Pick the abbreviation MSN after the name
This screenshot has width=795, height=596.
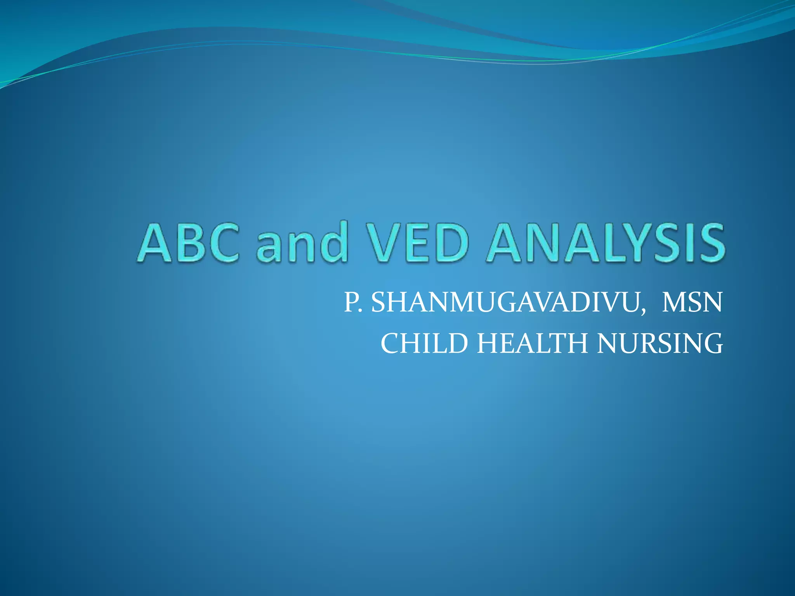[692, 303]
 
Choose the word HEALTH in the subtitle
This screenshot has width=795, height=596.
[532, 343]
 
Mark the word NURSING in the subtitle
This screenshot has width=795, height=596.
[660, 343]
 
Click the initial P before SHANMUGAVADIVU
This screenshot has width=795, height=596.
[351, 303]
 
